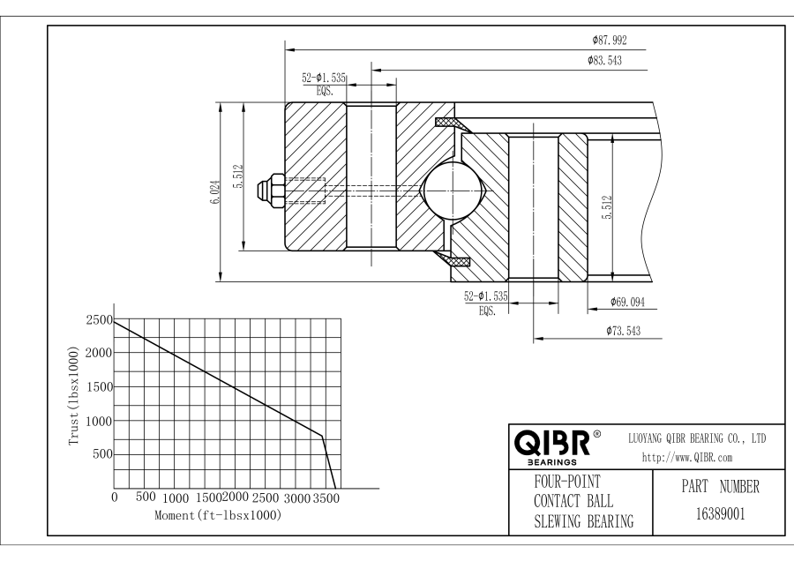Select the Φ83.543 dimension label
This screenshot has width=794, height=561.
click(x=606, y=61)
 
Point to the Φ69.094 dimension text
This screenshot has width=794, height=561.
click(x=630, y=303)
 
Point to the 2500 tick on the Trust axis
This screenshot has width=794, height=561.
click(x=100, y=320)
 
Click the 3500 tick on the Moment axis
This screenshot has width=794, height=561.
click(x=326, y=498)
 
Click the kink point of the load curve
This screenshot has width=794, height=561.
click(x=323, y=435)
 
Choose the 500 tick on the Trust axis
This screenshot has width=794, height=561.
click(x=103, y=454)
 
